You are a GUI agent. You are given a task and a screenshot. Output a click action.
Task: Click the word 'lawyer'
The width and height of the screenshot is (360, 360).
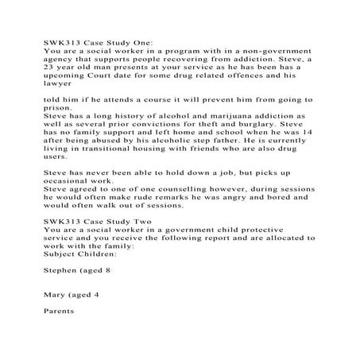point(57,87)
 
